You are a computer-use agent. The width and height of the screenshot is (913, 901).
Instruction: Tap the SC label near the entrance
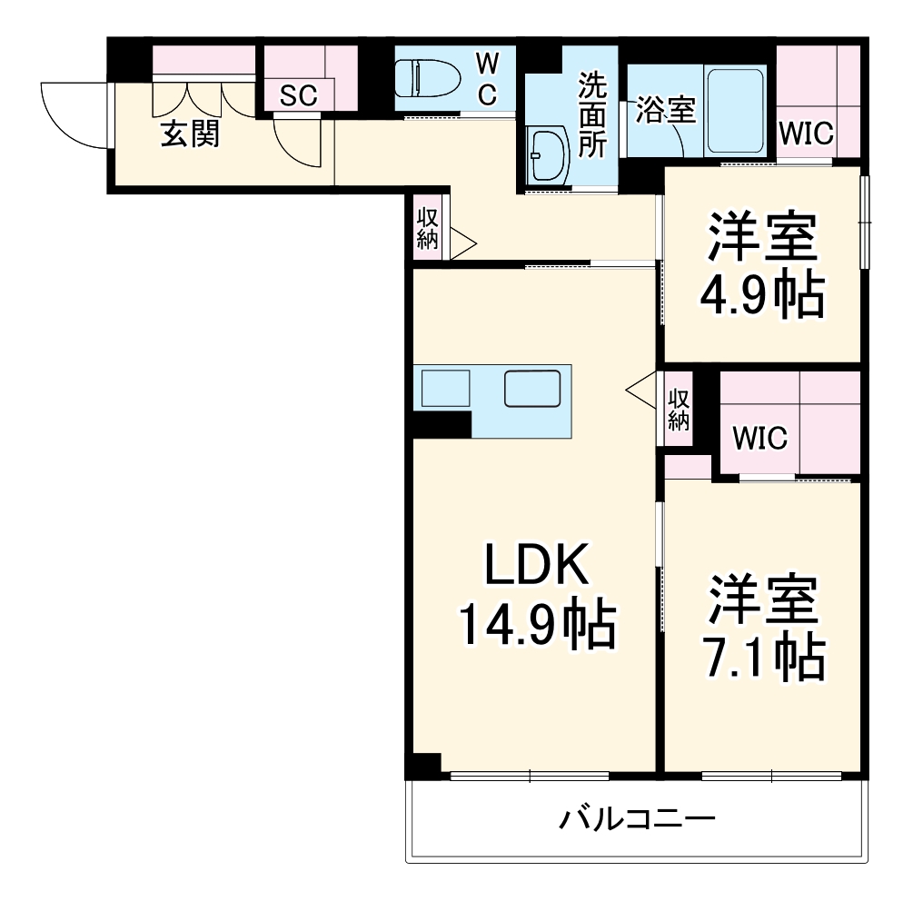298,96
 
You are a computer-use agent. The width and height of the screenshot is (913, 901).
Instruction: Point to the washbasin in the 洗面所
549,155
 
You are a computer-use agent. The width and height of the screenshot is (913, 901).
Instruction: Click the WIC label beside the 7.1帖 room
760,438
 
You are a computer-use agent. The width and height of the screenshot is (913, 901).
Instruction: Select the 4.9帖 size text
762,293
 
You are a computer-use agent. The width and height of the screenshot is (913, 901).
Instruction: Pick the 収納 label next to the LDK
679,409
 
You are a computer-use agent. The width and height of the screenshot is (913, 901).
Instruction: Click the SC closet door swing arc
297,145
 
